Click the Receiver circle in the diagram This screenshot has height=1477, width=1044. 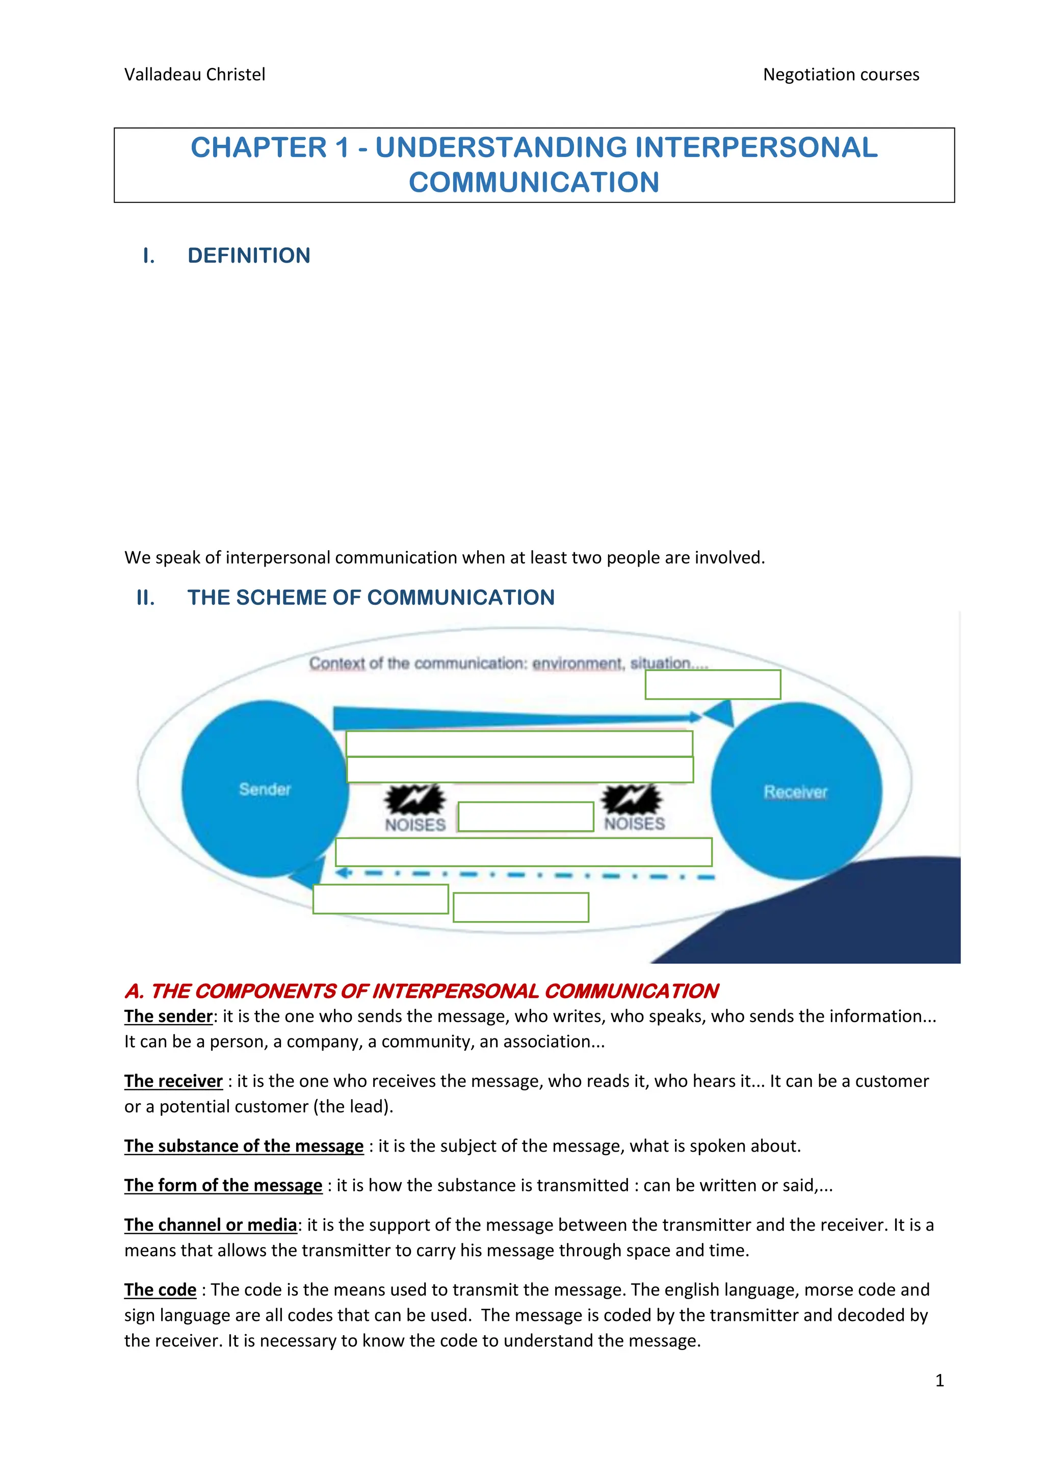(796, 791)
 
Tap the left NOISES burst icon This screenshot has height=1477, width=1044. (414, 799)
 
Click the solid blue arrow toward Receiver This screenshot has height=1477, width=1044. (514, 717)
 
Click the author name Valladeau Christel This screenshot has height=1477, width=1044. (194, 74)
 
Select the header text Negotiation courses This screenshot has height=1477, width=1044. (840, 74)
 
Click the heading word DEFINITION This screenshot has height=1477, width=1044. (249, 256)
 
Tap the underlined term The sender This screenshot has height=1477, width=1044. (168, 1016)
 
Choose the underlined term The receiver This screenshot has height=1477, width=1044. (173, 1081)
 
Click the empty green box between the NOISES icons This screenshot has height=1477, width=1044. (525, 817)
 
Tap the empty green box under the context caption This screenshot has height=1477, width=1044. (712, 684)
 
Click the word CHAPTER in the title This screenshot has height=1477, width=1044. (258, 148)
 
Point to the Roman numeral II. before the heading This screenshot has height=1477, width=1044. (146, 598)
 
